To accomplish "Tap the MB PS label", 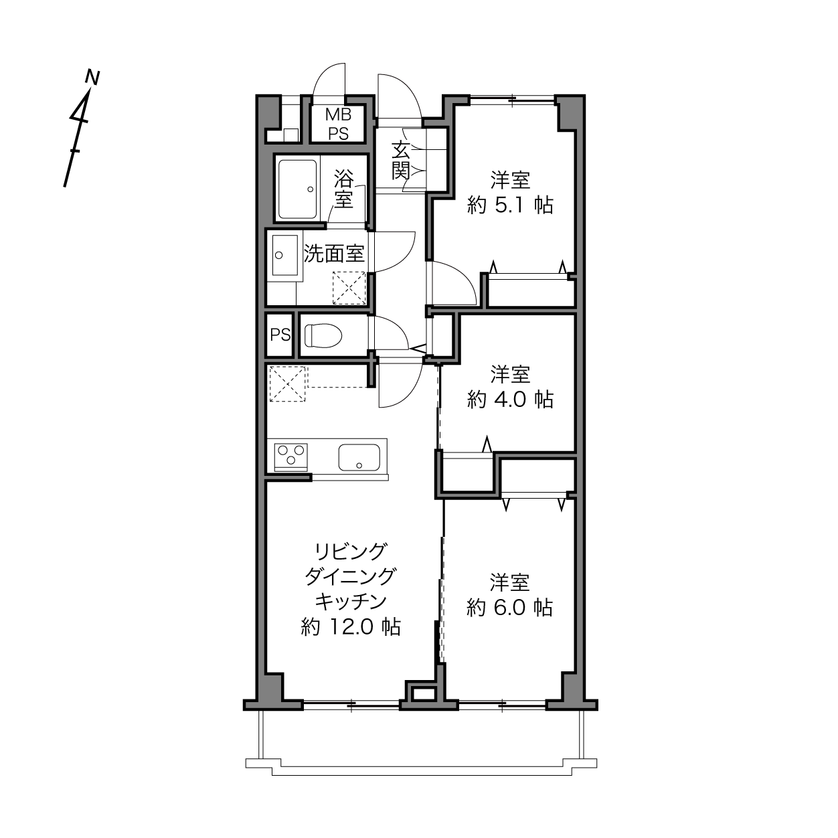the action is tap(338, 124).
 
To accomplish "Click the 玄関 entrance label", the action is tap(400, 161).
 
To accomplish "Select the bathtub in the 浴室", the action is tap(297, 189).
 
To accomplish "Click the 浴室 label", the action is tap(343, 189).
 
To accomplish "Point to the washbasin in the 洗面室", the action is tap(285, 255).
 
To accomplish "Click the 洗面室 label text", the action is tap(333, 254).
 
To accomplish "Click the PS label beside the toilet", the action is tap(280, 335).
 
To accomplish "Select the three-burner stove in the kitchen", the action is tap(291, 457).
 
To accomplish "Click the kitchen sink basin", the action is tap(359, 457).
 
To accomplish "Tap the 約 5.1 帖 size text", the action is tap(510, 205).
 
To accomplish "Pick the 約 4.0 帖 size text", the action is tap(510, 399).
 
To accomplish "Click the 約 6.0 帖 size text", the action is tap(509, 608).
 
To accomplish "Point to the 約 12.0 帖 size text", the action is tap(351, 627).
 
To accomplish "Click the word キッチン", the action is tap(351, 602).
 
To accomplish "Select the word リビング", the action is tap(351, 552).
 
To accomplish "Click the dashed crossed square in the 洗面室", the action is tap(349, 288).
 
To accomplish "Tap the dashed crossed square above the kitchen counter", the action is tap(287, 384).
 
